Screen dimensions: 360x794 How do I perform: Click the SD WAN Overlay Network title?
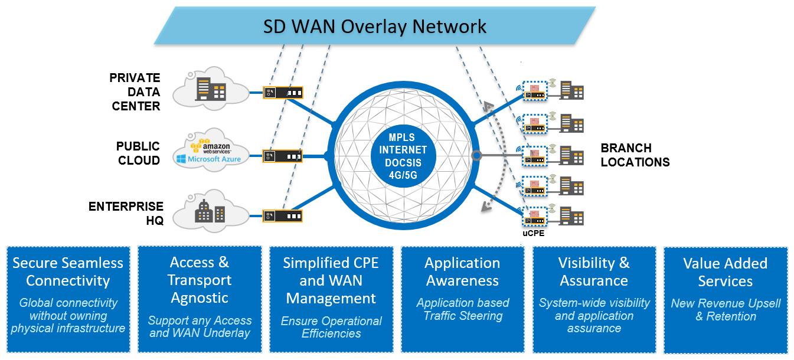374,27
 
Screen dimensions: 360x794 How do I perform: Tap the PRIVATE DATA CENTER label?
135,92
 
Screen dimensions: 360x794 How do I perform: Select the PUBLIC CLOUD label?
138,153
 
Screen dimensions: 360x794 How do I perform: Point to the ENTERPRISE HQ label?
126,213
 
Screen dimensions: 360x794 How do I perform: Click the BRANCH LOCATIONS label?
635,155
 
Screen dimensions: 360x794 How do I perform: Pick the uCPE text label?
532,233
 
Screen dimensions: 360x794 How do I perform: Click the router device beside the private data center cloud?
283,93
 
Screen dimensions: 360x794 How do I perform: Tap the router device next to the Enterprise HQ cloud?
283,215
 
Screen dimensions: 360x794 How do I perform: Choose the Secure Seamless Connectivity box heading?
68,271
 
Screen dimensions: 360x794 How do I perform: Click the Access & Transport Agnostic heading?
200,280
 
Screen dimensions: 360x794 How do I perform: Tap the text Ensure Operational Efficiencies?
331,327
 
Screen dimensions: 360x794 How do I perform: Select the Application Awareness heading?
462,271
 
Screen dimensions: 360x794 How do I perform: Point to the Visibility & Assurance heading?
594,271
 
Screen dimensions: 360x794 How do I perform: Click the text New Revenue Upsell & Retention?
726,310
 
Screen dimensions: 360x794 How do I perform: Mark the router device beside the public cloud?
283,156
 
